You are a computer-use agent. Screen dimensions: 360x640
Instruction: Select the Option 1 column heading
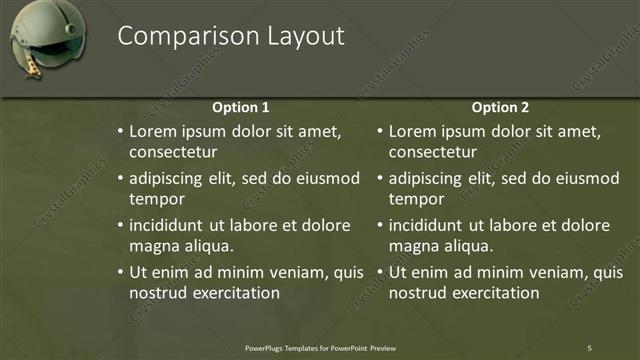(x=241, y=108)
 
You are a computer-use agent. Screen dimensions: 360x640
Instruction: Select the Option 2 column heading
(x=500, y=108)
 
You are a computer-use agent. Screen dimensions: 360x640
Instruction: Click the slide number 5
(x=589, y=347)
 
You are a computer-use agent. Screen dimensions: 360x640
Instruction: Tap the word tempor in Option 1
(x=156, y=199)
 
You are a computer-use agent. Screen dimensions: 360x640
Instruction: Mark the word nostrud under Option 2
(x=417, y=293)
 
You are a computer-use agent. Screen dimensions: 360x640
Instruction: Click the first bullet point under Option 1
(x=120, y=132)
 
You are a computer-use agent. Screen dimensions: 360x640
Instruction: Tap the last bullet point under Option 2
(x=379, y=272)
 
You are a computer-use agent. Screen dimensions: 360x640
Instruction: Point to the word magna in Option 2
(x=414, y=246)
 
